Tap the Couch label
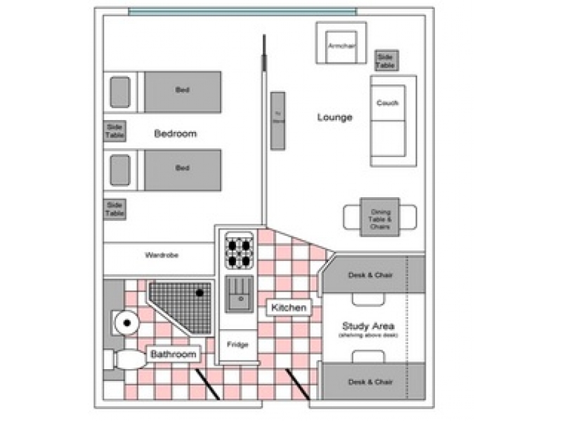pos(387,103)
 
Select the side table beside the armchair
pos(385,60)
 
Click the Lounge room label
pos(334,117)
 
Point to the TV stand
pos(277,120)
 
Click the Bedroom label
pos(176,133)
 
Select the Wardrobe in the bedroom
pos(161,255)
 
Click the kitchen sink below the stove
pos(238,293)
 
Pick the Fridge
pos(238,345)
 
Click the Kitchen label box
pos(288,307)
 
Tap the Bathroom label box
pos(173,354)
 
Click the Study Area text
pos(368,326)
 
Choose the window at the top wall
pos(242,11)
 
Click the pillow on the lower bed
pos(120,171)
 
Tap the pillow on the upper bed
pos(120,91)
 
